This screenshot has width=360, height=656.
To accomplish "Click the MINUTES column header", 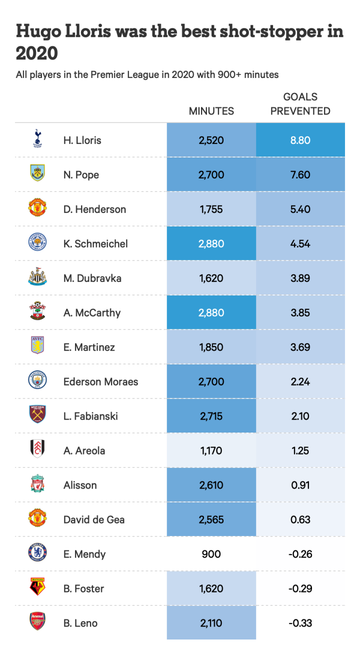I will pyautogui.click(x=211, y=111).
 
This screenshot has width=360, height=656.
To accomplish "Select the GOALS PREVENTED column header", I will pyautogui.click(x=300, y=104).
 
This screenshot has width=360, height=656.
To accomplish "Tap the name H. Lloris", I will pyautogui.click(x=82, y=140).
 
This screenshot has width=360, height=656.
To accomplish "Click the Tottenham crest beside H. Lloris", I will pyautogui.click(x=37, y=139).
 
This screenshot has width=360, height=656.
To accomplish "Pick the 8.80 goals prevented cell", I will pyautogui.click(x=300, y=140).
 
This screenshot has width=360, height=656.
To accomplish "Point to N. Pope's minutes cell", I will pyautogui.click(x=211, y=175).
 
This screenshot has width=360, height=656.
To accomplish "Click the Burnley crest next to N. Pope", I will pyautogui.click(x=37, y=173).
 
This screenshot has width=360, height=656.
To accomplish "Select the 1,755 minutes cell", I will pyautogui.click(x=211, y=209).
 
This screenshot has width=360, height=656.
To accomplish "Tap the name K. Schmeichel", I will pyautogui.click(x=95, y=244).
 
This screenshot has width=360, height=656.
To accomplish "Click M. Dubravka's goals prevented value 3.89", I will pyautogui.click(x=300, y=278).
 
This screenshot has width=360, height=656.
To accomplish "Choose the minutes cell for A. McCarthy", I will pyautogui.click(x=211, y=313).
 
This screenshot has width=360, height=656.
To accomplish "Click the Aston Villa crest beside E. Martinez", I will pyautogui.click(x=37, y=345).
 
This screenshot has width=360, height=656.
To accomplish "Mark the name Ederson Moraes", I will pyautogui.click(x=100, y=382).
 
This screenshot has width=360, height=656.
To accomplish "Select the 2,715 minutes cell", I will pyautogui.click(x=211, y=416).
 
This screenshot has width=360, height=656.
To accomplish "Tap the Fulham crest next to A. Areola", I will pyautogui.click(x=37, y=449).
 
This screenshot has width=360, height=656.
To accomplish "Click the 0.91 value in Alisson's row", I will pyautogui.click(x=300, y=485).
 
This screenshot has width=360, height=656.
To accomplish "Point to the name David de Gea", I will pyautogui.click(x=93, y=520).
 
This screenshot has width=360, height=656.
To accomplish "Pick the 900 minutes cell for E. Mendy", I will pyautogui.click(x=211, y=554).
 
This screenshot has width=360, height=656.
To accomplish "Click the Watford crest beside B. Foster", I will pyautogui.click(x=37, y=587).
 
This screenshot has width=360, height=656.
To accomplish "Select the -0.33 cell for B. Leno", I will pyautogui.click(x=300, y=623).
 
